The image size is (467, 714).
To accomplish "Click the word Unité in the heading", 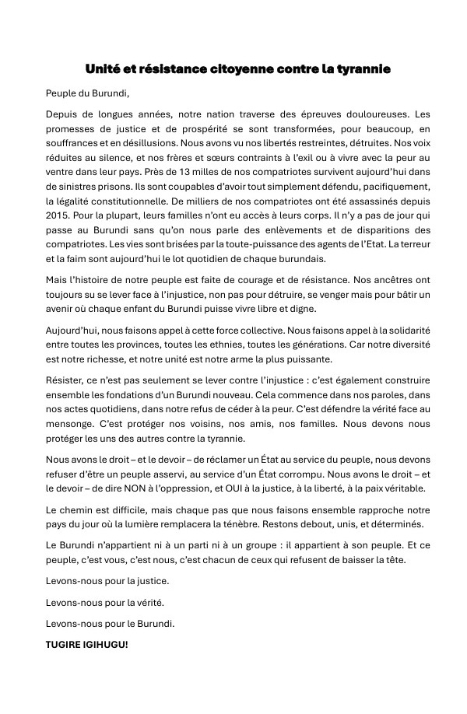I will coord(103,69).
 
